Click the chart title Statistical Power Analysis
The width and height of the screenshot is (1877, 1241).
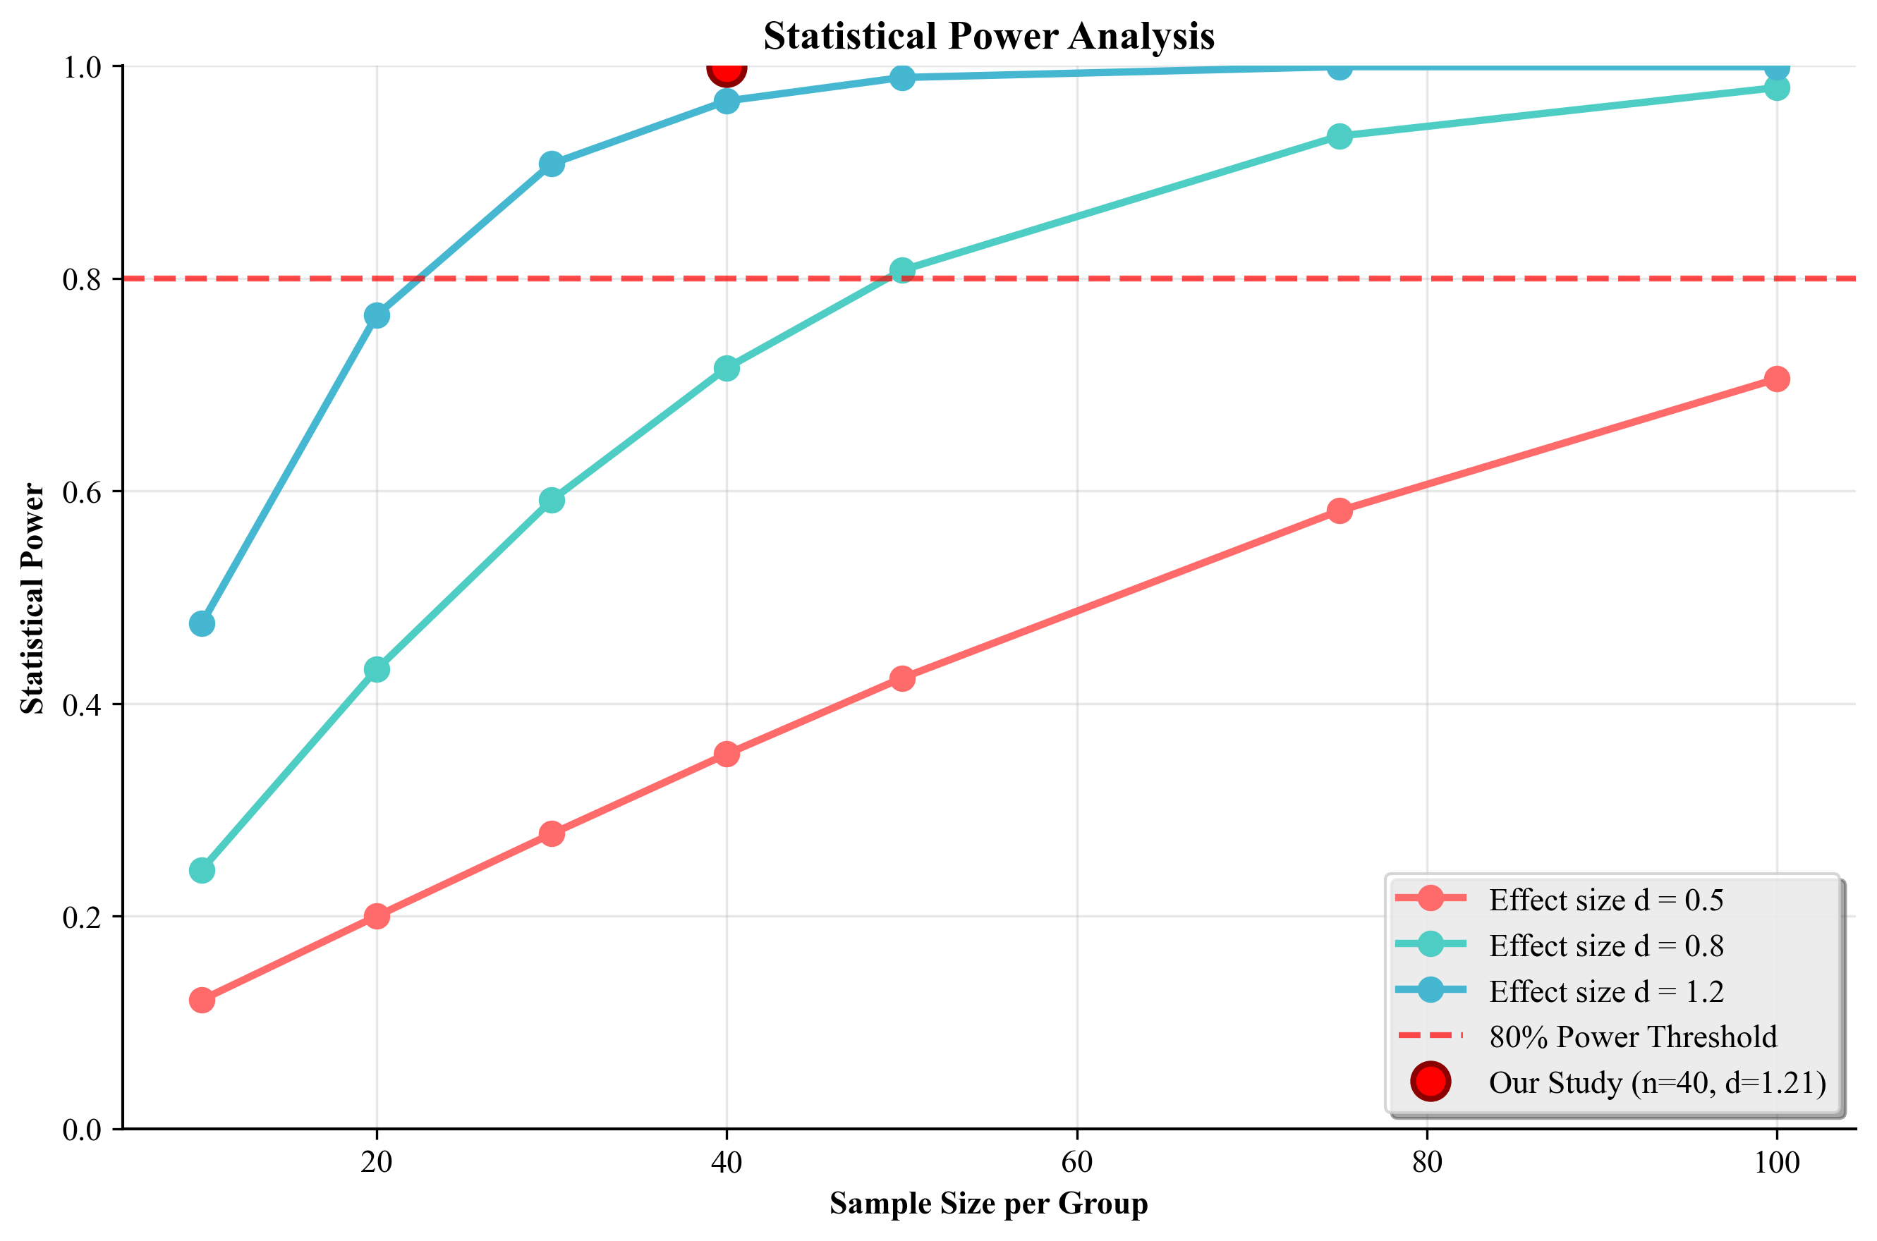(x=988, y=37)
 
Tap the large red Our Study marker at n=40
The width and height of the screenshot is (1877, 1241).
(x=726, y=70)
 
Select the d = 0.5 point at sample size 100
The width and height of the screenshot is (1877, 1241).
(x=1776, y=379)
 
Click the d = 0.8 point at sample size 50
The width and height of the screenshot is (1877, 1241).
(x=901, y=271)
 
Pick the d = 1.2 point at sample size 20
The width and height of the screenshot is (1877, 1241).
(x=377, y=316)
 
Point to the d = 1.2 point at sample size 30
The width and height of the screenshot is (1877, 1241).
(x=552, y=164)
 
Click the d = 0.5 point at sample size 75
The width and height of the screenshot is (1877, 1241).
(x=1339, y=511)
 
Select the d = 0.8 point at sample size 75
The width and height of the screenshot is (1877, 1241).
(x=1339, y=136)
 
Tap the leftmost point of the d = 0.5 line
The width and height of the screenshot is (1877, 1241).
(x=202, y=1001)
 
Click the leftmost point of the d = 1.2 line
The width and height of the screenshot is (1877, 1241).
(x=202, y=623)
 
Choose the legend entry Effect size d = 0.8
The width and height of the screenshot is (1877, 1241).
(x=1605, y=946)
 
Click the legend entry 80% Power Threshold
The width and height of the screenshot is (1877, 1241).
(x=1632, y=1037)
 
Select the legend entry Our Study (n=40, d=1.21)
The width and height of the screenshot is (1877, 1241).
(x=1657, y=1083)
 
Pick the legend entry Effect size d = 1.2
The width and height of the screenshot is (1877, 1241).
(x=1605, y=991)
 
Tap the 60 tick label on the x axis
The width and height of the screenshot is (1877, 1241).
(x=1076, y=1163)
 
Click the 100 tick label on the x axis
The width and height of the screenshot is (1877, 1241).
(x=1776, y=1163)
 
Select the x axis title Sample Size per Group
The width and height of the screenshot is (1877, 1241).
(x=988, y=1204)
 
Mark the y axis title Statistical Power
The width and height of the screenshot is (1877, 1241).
(x=33, y=599)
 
